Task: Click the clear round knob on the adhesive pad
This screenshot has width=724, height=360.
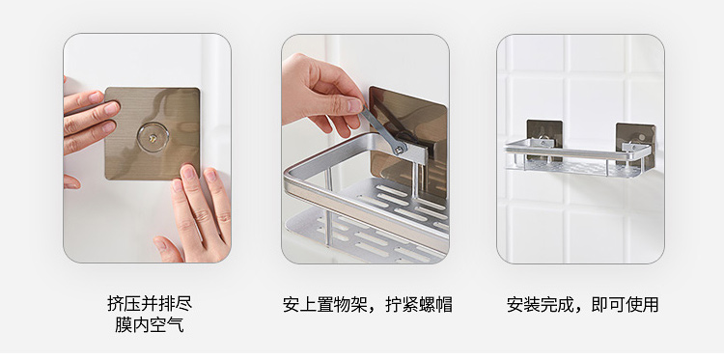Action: [x=153, y=137]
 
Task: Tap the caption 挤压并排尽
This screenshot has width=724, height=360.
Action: [x=150, y=303]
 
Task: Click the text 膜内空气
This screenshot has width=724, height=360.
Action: [x=150, y=324]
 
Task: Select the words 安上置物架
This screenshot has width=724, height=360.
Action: [x=325, y=305]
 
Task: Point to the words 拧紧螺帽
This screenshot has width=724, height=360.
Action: [x=419, y=305]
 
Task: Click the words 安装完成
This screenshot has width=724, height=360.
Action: [x=541, y=305]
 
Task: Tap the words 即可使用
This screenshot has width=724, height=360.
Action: [x=625, y=305]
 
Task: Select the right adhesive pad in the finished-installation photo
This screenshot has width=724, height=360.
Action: [x=636, y=144]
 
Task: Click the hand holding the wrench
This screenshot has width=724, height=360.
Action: [x=320, y=95]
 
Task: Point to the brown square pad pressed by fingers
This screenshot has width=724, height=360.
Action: [x=153, y=133]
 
